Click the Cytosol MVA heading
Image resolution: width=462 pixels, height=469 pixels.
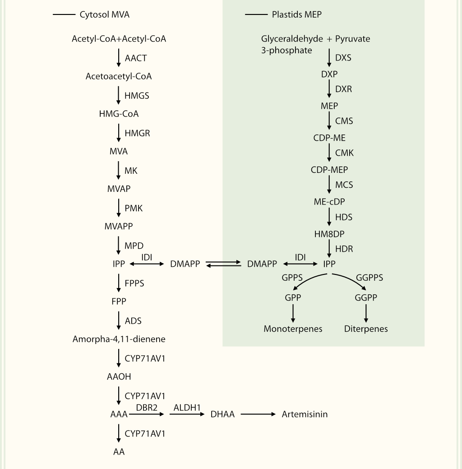click(104, 14)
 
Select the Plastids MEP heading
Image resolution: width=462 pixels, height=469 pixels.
click(296, 14)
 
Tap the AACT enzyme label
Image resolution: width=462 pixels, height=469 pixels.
click(136, 58)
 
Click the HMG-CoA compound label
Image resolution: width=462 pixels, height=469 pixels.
click(119, 114)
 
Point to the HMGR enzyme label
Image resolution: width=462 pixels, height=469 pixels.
click(137, 133)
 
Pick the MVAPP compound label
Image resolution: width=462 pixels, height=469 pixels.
click(119, 226)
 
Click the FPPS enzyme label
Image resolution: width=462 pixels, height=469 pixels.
click(134, 283)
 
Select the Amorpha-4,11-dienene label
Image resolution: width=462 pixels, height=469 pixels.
click(119, 339)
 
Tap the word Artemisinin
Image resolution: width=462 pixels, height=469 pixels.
click(305, 414)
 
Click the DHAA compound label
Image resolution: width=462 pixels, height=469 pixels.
click(222, 414)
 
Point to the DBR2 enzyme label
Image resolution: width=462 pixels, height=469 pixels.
click(147, 407)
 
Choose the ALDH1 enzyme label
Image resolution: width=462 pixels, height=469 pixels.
click(187, 407)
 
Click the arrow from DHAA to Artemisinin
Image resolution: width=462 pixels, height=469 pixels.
click(258, 414)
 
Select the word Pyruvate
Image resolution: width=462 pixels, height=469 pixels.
click(352, 39)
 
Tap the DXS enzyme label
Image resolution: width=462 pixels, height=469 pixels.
click(343, 58)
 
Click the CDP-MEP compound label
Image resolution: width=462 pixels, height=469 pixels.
click(329, 170)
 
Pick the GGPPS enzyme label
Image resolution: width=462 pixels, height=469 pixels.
click(370, 278)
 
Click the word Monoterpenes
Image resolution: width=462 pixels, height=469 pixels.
click(293, 329)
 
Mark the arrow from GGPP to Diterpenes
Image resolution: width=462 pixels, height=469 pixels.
click(366, 313)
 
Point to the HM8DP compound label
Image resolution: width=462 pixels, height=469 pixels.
click(329, 234)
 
